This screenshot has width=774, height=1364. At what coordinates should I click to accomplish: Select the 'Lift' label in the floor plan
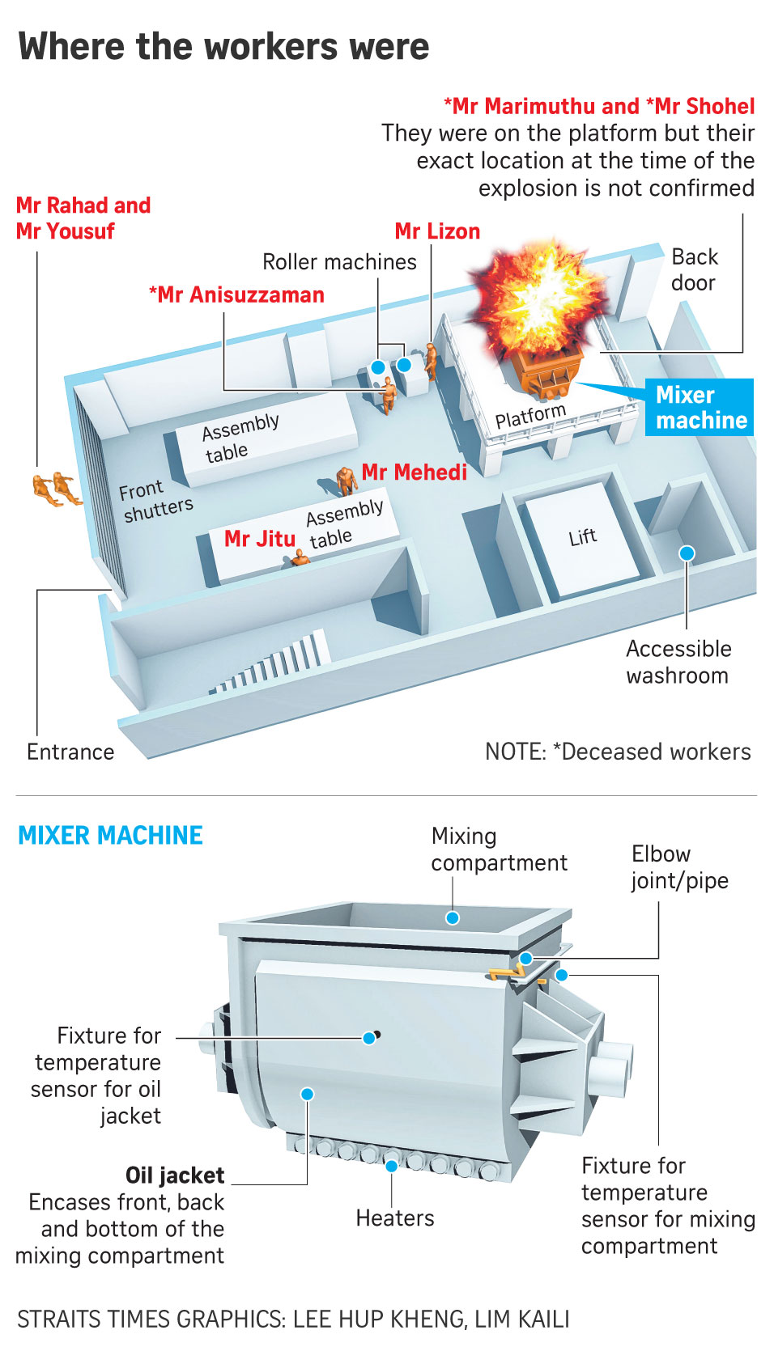click(582, 537)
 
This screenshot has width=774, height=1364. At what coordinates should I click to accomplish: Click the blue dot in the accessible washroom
click(687, 553)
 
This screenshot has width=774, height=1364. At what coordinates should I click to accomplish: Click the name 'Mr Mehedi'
click(414, 472)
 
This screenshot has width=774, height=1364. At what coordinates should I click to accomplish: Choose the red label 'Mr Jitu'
click(259, 539)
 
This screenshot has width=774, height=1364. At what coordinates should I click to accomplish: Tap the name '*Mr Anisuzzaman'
click(236, 295)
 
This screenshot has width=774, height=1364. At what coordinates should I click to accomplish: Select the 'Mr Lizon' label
click(437, 232)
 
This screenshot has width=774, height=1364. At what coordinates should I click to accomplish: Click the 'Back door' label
click(694, 270)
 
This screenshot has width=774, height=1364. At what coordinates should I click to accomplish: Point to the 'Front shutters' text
click(156, 501)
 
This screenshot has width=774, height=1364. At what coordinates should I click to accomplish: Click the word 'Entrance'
click(70, 752)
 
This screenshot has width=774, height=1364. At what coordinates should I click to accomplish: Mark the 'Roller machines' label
click(339, 262)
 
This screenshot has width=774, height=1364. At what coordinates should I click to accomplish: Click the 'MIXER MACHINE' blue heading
click(110, 836)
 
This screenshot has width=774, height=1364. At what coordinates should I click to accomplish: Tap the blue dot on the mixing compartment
click(453, 917)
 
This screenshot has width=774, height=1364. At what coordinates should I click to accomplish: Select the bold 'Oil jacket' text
click(175, 1175)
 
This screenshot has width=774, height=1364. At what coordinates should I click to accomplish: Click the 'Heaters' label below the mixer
click(395, 1218)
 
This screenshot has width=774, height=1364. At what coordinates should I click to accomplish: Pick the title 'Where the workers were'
click(223, 47)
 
